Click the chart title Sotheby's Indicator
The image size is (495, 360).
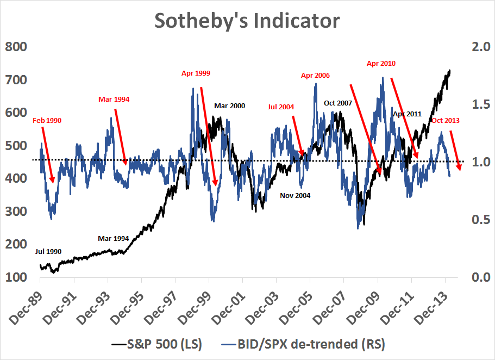point(247,21)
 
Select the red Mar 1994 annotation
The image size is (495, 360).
point(114,100)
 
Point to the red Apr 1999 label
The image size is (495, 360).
point(196,73)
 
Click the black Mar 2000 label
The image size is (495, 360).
point(229,105)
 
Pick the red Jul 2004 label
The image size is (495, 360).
point(281,107)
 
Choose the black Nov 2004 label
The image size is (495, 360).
point(295,195)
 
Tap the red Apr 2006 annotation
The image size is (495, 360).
point(315,76)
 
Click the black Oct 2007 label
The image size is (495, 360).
point(338,103)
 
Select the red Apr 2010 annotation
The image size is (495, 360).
point(381,64)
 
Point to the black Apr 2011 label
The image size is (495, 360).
point(407,114)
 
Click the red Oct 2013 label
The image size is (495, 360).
point(446,121)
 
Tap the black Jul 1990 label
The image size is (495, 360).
point(48,252)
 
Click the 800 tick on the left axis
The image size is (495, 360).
point(16,47)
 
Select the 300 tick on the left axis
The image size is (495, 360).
point(16,212)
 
